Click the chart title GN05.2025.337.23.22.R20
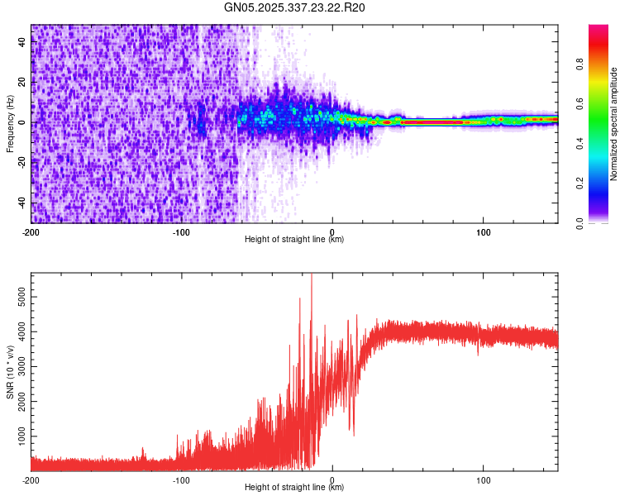point(295,7)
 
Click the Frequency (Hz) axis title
point(11,123)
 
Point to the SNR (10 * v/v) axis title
point(11,371)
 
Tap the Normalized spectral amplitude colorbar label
point(613,124)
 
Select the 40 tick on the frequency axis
point(22,42)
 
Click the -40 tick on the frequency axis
point(21,203)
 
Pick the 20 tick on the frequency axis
point(22,83)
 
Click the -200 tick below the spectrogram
point(31,231)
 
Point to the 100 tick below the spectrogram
point(484,231)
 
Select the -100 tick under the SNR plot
point(181,479)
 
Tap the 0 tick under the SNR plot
point(332,479)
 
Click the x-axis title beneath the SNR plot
point(294,488)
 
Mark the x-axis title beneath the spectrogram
point(294,240)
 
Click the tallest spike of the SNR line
point(312,276)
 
